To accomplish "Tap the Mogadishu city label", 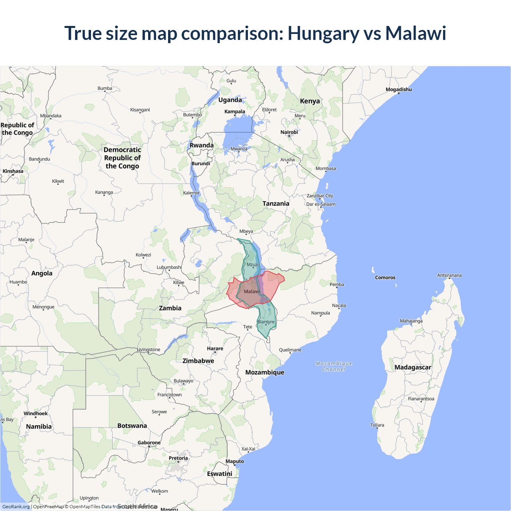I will pos(398,89).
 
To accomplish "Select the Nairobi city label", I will pos(289,132).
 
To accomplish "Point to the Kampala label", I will pos(235,111).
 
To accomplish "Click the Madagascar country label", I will pos(413,367).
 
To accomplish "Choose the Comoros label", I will pos(385,277).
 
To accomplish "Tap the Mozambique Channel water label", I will pos(334,366).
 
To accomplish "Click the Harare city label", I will pos(215,349).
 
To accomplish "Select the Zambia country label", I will pos(170,308).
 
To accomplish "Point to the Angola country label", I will pos(42,273).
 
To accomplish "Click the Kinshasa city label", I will pos(13,171).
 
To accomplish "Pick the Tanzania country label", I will pos(276,204).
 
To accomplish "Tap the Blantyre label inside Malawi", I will pos(266,322).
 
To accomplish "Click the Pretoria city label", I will pos(178,458).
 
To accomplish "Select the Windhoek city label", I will pos(36,414).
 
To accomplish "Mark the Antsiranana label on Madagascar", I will pos(449,275).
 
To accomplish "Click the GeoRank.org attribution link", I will pos(16,507).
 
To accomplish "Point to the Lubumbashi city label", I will pos(169,267).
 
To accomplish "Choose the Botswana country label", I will pos(132,426).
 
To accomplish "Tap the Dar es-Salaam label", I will pos(321,204).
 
